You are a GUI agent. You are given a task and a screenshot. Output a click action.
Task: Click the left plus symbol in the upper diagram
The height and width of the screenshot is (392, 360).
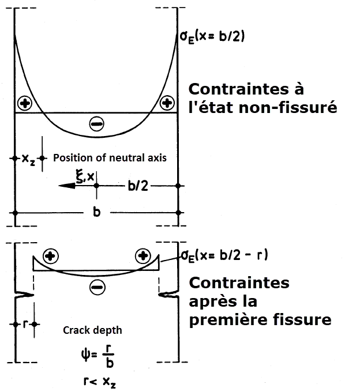25,104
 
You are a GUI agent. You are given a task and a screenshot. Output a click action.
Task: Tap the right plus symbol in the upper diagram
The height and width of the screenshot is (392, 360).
167,103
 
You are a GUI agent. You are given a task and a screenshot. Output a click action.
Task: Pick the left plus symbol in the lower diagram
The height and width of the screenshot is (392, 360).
51,256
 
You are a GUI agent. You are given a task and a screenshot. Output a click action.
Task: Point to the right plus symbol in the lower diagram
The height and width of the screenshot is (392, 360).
142,256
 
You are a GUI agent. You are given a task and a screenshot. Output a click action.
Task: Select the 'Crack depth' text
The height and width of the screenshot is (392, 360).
92,331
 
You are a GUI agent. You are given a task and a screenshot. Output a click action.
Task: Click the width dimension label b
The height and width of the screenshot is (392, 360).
96,213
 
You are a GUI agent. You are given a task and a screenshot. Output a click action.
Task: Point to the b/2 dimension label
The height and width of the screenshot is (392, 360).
137,186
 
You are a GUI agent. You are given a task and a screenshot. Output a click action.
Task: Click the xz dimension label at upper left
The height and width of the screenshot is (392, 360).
27,157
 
